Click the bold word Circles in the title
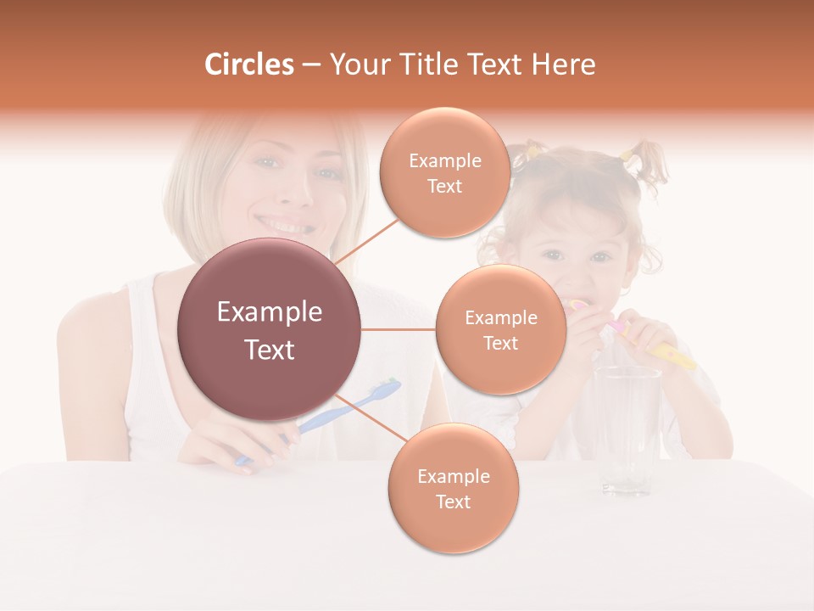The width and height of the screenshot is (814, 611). click(249, 64)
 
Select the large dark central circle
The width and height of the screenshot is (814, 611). click(270, 329)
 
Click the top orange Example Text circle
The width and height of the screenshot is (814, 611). click(444, 172)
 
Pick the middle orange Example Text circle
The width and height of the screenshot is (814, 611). click(500, 329)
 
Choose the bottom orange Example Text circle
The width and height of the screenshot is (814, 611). click(453, 488)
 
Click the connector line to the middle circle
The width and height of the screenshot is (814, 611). click(399, 329)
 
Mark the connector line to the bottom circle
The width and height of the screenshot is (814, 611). click(365, 418)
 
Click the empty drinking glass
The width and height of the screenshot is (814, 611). click(627, 429)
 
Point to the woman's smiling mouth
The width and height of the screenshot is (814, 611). click(287, 227)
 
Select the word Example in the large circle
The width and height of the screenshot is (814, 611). click(270, 312)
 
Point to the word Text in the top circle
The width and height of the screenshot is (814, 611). click(444, 186)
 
